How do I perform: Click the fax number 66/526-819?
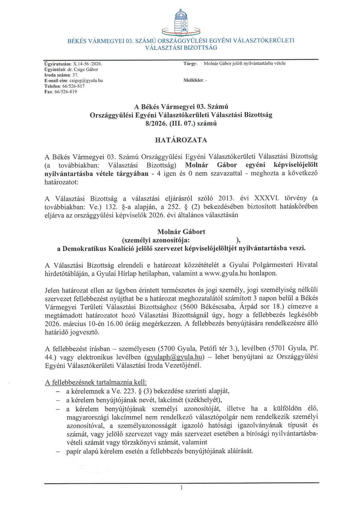click(x=66, y=91)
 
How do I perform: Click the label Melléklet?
click(x=193, y=80)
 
